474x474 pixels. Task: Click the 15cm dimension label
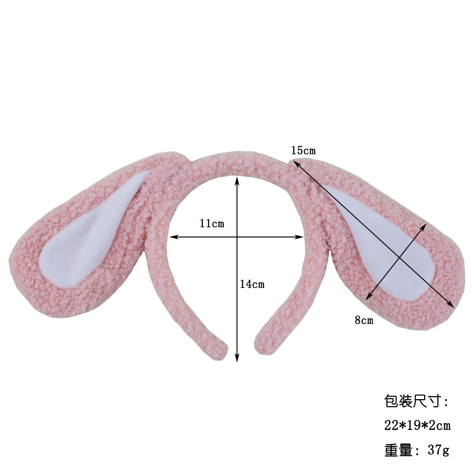tap(303, 151)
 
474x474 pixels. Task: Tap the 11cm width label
tap(211, 223)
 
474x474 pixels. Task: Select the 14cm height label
tap(252, 284)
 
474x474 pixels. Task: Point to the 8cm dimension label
tap(364, 320)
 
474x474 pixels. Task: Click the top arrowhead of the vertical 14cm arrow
tap(237, 178)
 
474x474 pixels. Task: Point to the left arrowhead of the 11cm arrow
tap(172, 236)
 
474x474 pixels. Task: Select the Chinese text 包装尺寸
tap(416, 402)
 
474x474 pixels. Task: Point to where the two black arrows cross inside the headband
tap(237, 236)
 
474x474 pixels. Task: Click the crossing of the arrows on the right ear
tap(400, 259)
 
